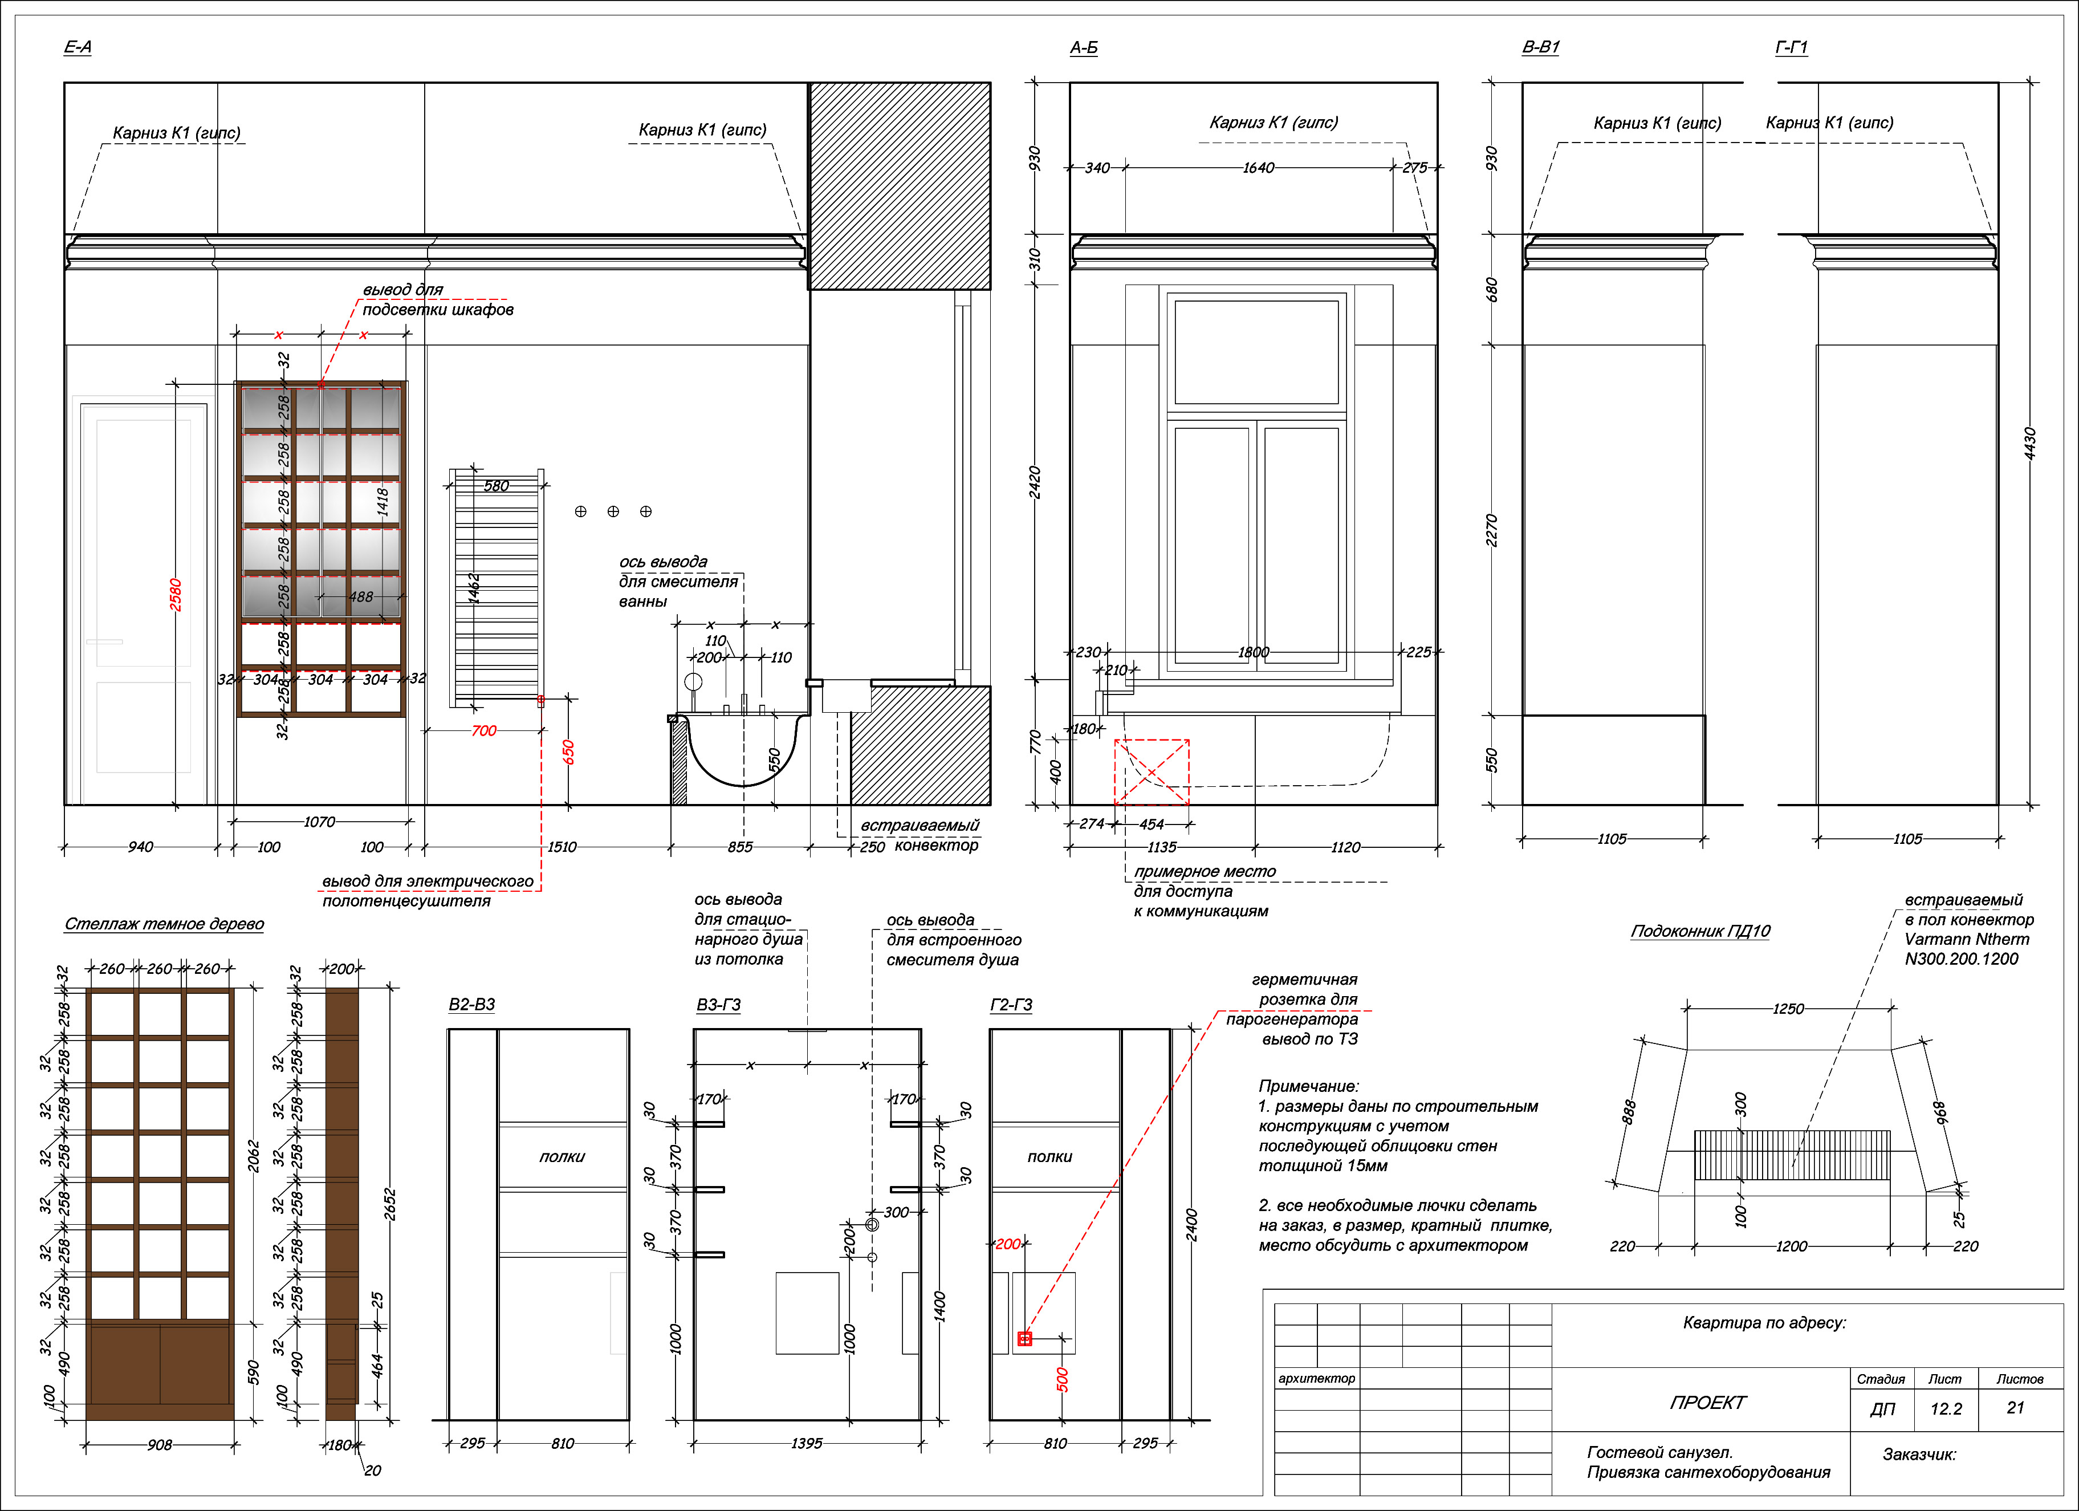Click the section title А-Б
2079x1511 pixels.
[1084, 47]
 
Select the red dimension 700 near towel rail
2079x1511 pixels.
[484, 731]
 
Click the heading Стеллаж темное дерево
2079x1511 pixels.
[164, 924]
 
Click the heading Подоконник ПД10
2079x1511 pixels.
[1700, 931]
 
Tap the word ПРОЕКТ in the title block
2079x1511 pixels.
[1708, 1402]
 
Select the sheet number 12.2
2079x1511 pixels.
[1945, 1408]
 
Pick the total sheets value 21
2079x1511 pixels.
[2015, 1407]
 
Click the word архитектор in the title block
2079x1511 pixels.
[1316, 1378]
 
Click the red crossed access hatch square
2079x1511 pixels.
[1152, 772]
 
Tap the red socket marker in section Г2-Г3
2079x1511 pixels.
[1025, 1339]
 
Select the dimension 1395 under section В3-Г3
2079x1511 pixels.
[807, 1443]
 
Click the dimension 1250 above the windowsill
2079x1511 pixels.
[1788, 1009]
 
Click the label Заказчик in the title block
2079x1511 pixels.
[1919, 1454]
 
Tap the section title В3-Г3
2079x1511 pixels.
[719, 1005]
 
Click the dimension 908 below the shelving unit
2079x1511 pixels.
[160, 1445]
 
